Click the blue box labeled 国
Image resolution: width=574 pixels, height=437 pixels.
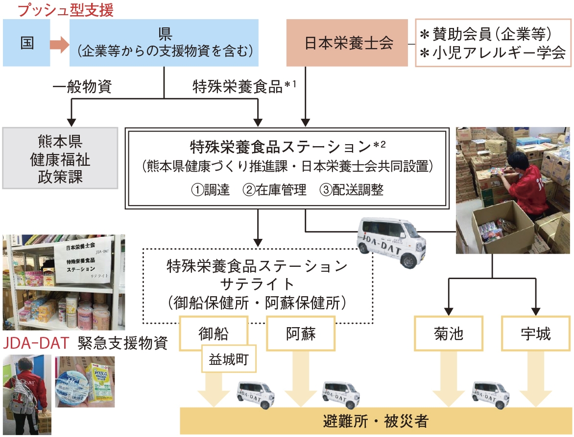tap(26, 43)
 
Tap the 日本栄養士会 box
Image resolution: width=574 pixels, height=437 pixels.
tap(347, 43)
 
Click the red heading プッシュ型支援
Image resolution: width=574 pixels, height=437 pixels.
tap(59, 10)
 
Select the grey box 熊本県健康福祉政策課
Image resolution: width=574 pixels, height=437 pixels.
tap(60, 158)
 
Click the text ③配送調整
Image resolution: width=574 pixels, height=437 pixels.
tap(352, 190)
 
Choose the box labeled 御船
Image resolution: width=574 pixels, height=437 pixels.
tap(214, 334)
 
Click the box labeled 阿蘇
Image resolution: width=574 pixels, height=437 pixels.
tap(300, 334)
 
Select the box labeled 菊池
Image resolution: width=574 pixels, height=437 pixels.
tap(449, 334)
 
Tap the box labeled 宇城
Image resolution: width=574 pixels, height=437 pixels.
tap(535, 334)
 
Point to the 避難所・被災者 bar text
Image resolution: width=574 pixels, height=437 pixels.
tap(376, 421)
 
